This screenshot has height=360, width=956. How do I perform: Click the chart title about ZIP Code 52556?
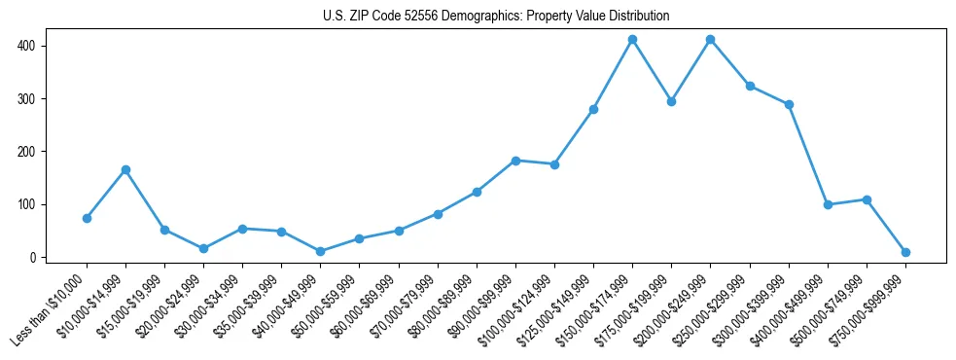[x=496, y=16]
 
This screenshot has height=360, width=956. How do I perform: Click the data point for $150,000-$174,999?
[x=632, y=40]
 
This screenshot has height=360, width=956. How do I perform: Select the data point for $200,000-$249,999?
[x=710, y=40]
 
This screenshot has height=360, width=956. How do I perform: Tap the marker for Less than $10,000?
[x=87, y=218]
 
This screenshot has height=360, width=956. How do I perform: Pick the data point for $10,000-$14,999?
[x=125, y=170]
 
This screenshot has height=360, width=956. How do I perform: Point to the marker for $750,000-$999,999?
[x=905, y=252]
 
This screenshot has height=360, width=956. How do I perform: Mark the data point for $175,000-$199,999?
[x=671, y=101]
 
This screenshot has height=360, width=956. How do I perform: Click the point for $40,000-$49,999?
[x=320, y=251]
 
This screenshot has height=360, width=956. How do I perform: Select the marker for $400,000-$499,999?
[x=828, y=205]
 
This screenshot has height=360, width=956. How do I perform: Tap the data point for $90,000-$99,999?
[x=515, y=161]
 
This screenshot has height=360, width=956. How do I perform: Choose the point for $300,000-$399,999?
[x=789, y=104]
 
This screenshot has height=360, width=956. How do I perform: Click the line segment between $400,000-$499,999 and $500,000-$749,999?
[x=847, y=202]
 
